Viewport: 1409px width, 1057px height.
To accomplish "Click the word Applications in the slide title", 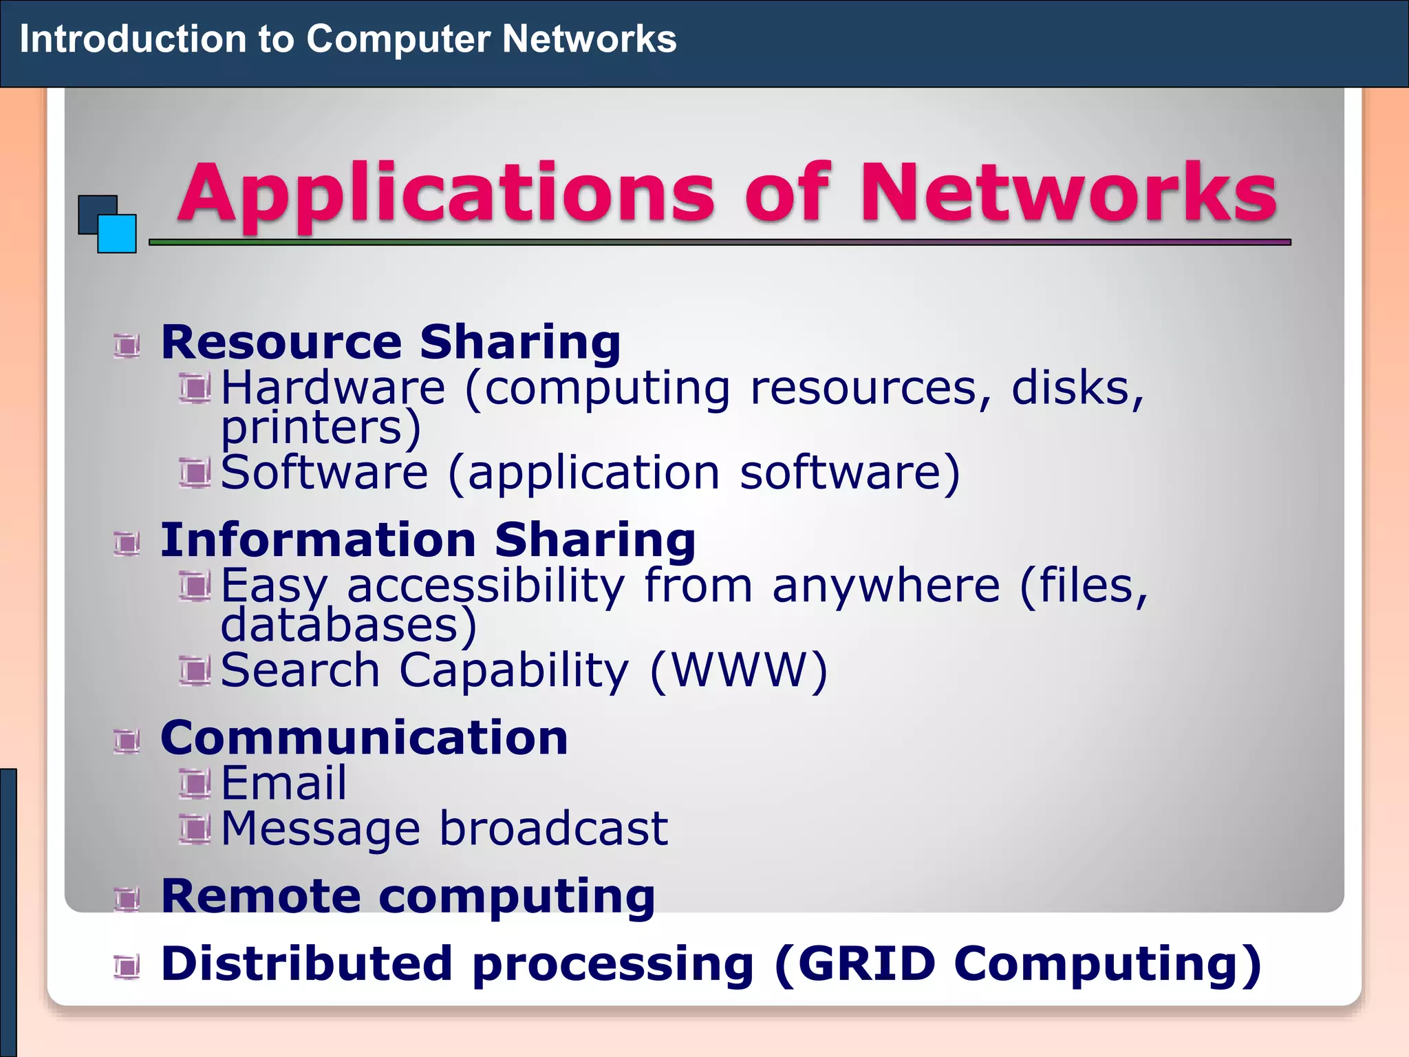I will click(446, 194).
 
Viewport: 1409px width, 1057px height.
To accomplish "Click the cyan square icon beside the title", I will click(117, 234).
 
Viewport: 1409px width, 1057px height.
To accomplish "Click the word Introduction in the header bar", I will click(133, 39).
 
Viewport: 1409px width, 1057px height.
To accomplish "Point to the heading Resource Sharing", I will click(391, 342).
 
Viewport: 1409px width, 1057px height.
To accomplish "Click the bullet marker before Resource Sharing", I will click(127, 345).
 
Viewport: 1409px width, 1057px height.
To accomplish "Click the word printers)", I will click(321, 427).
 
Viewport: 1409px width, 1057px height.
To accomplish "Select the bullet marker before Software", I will click(195, 473).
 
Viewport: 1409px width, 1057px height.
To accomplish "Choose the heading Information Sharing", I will click(428, 540).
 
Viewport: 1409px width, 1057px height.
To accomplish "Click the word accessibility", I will click(486, 586).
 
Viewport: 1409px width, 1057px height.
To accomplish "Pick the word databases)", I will click(348, 625).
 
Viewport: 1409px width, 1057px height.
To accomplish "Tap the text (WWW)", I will click(739, 670).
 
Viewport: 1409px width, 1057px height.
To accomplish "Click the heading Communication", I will click(364, 738).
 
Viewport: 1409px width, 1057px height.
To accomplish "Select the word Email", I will click(283, 783).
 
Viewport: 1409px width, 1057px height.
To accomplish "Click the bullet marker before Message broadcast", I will click(195, 829).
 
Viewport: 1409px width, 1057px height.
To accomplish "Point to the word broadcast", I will click(553, 828).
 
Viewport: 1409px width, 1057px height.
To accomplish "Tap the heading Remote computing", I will click(407, 896).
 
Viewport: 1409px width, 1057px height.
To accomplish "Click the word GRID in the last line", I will click(867, 963).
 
